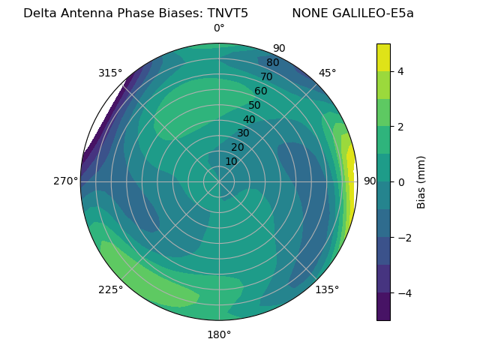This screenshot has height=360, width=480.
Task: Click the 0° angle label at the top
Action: [219, 28]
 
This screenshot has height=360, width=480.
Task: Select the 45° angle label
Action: [327, 73]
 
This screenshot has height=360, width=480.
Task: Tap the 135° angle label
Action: [327, 289]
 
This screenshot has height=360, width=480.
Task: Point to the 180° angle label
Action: [219, 334]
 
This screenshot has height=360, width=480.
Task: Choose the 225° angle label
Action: [110, 289]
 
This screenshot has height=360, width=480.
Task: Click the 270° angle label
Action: [66, 181]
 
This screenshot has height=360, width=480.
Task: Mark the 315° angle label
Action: [110, 73]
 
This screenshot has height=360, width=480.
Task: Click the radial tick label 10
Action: [231, 161]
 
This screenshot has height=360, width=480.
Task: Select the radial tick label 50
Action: [254, 106]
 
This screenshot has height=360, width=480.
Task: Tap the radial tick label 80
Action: [272, 63]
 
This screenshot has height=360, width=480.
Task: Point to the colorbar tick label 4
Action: [401, 71]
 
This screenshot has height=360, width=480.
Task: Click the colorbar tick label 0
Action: [401, 181]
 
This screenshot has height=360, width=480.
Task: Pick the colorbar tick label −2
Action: [404, 238]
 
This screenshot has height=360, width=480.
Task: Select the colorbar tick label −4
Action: [404, 292]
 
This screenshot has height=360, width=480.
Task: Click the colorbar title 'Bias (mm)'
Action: [421, 181]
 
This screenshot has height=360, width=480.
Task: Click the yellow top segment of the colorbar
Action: [383, 57]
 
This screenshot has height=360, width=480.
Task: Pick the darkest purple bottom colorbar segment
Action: [383, 307]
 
